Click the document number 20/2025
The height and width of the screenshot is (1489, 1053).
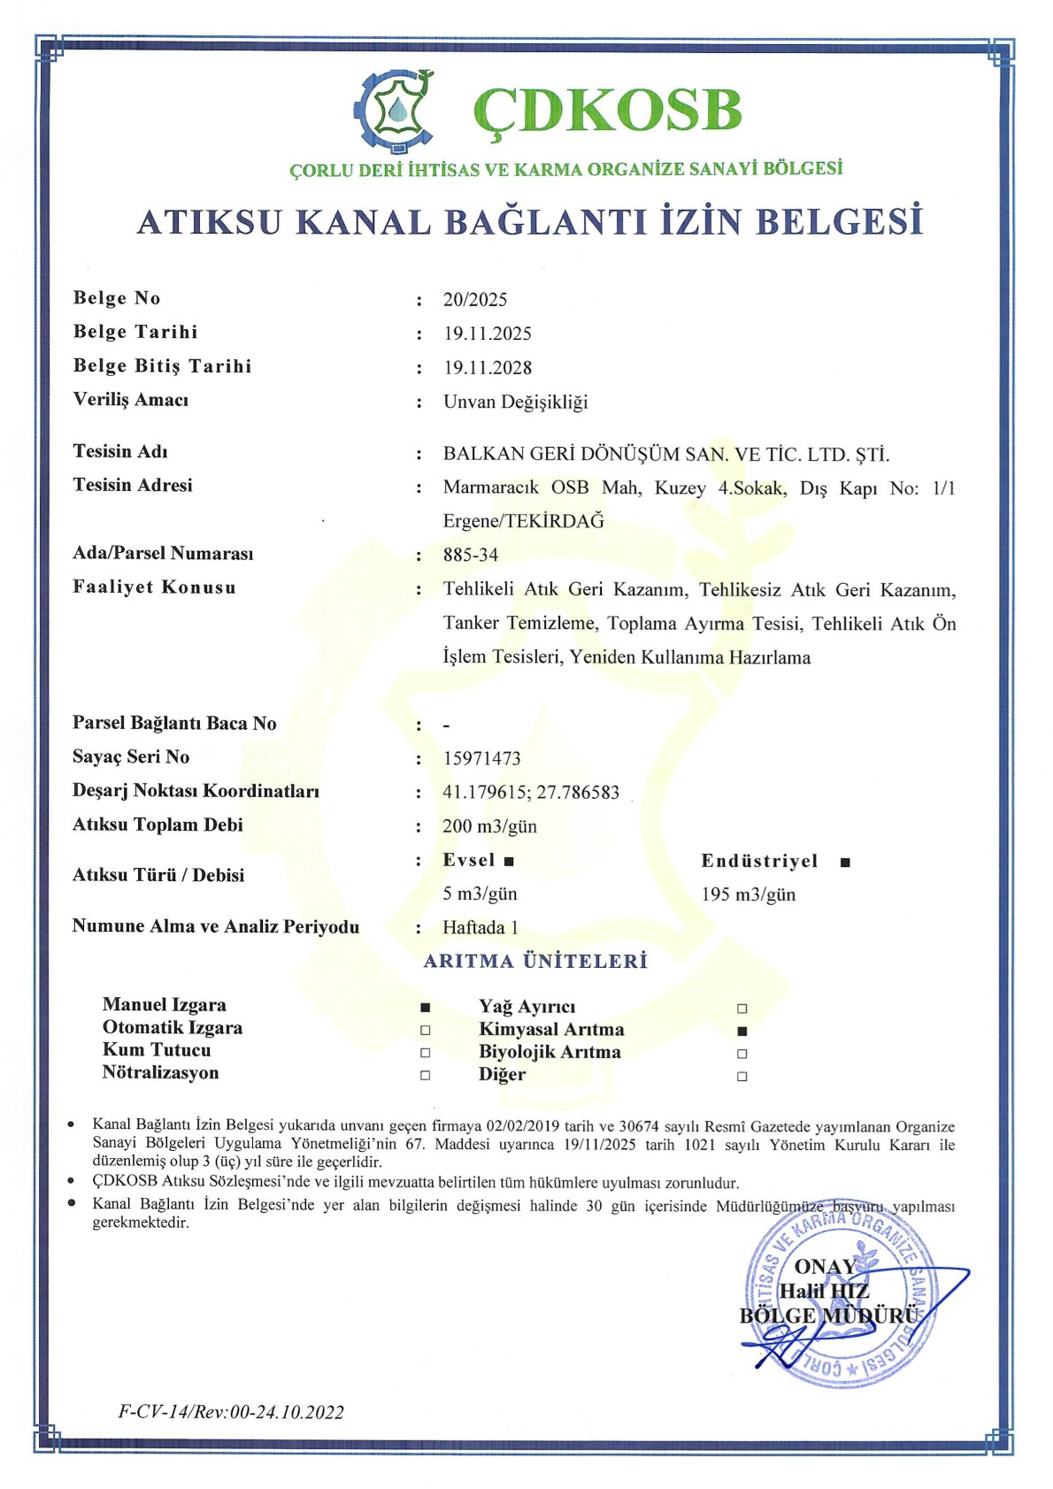(475, 300)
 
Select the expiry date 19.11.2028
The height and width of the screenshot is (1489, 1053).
(488, 368)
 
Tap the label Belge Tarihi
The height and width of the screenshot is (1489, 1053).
(135, 332)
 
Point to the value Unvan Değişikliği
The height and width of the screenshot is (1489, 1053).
(515, 402)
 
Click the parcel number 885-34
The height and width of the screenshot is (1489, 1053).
(471, 555)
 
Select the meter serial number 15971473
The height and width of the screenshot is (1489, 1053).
(481, 758)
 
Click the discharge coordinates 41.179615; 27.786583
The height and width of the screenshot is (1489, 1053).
(531, 792)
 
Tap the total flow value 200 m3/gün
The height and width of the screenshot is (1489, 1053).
(489, 826)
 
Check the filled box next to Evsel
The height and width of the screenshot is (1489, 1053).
(509, 861)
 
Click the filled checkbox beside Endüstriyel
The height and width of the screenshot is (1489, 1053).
(845, 862)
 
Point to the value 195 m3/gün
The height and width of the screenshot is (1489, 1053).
(749, 894)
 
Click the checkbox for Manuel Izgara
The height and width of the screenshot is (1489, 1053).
(426, 1007)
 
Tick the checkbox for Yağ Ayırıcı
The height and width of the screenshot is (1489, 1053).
(742, 1009)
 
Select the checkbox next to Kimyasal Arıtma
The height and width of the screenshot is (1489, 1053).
(742, 1031)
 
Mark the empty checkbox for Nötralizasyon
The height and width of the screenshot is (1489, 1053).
(426, 1076)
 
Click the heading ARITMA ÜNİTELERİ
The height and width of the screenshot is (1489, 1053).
(535, 962)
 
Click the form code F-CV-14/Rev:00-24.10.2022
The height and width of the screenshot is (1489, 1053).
(231, 1412)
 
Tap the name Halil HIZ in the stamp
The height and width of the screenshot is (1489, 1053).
(825, 1292)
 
